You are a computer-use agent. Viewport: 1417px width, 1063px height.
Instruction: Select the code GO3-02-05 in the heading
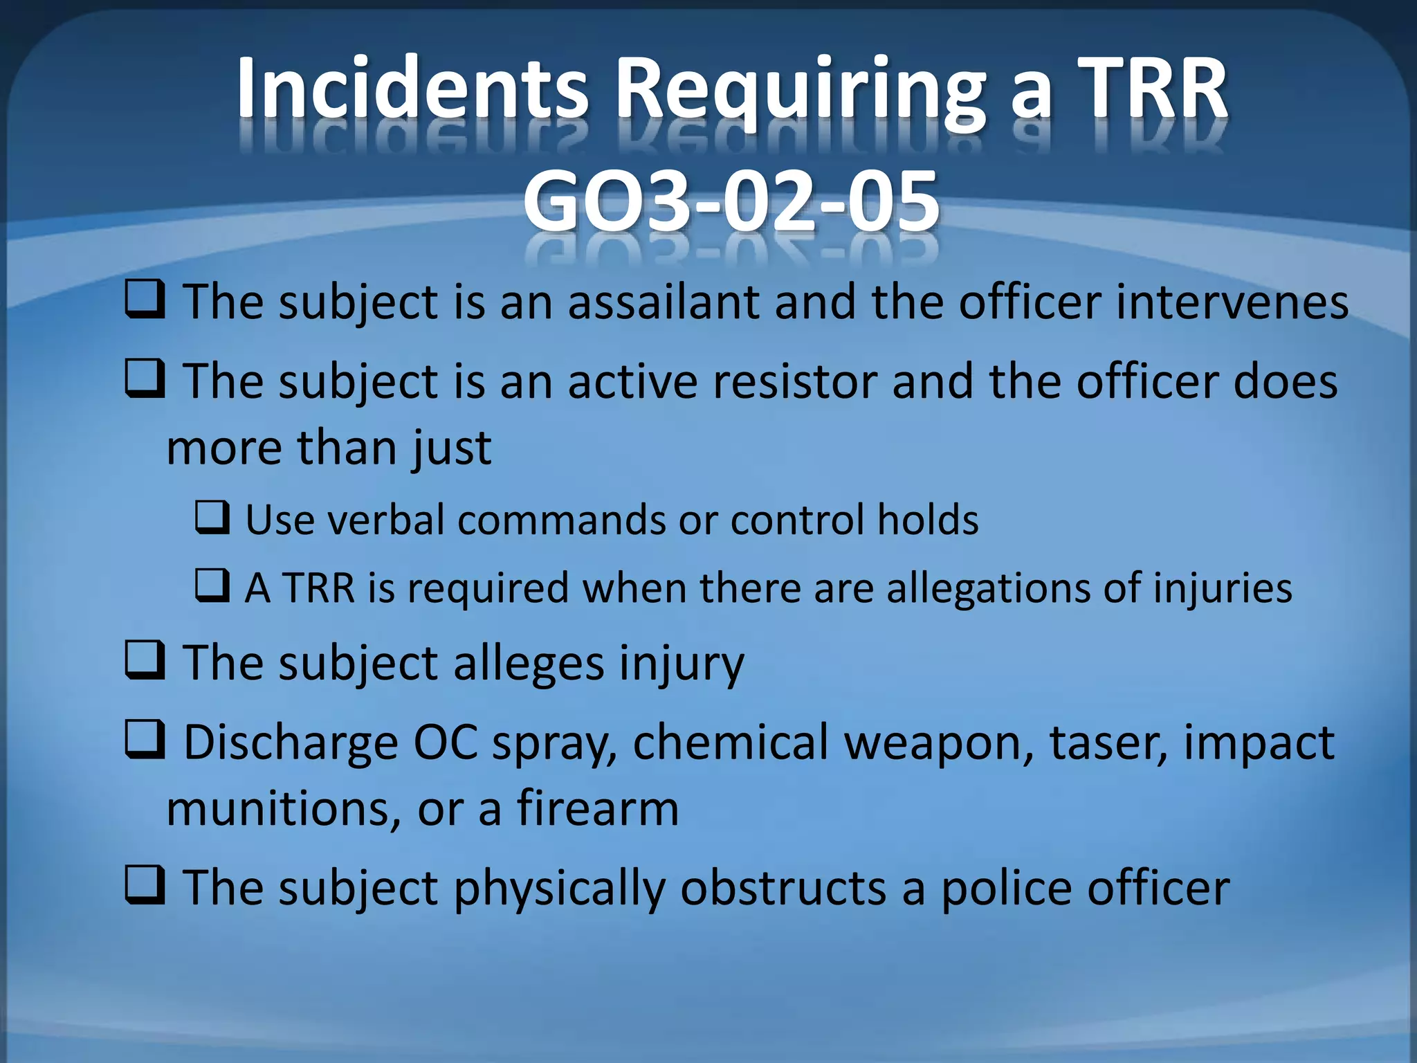(x=731, y=202)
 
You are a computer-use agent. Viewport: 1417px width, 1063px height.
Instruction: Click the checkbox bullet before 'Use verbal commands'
(x=212, y=518)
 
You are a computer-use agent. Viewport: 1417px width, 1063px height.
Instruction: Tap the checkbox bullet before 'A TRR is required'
(x=212, y=585)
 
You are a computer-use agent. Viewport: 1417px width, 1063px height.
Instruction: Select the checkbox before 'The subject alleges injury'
(x=145, y=661)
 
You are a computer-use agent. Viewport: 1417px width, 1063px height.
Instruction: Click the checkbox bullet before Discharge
(x=145, y=740)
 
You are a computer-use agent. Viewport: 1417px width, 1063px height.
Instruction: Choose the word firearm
(x=598, y=808)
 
